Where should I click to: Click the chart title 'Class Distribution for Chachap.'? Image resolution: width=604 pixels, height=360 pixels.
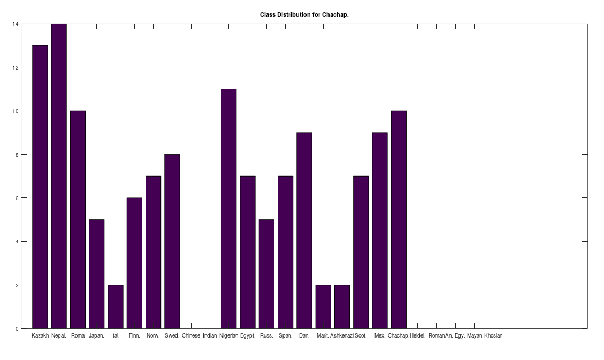point(304,14)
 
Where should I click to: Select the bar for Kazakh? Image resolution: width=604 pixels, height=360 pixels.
point(40,187)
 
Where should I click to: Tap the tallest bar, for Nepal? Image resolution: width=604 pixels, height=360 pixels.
point(59,176)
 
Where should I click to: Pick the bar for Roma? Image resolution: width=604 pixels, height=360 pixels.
point(78,219)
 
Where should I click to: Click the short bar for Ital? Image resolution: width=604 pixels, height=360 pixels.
point(116,307)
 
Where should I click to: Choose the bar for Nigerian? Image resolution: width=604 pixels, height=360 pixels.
point(228,209)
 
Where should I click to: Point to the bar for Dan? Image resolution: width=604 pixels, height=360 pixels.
point(304,231)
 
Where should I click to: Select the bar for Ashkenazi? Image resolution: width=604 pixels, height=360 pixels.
point(342,307)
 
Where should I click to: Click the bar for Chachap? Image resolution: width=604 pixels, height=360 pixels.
point(399,219)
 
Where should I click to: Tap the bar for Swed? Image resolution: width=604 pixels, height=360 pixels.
point(172,241)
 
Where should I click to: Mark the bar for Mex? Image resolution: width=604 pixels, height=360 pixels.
point(380,231)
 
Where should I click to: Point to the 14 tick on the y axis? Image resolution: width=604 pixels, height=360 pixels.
point(16,24)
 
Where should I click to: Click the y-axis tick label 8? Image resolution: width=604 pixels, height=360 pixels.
point(17,155)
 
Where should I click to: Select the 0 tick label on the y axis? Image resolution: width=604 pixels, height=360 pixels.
point(17,328)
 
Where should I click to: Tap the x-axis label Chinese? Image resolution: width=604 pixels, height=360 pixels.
point(191,336)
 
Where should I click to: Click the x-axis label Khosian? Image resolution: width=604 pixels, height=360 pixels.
point(493,336)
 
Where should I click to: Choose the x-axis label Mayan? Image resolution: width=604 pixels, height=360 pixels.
point(475,336)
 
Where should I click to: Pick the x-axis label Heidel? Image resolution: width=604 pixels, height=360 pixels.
point(418,336)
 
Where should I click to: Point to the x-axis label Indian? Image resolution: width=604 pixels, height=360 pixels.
point(210,336)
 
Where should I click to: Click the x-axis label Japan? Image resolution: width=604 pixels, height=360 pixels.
point(96,336)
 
